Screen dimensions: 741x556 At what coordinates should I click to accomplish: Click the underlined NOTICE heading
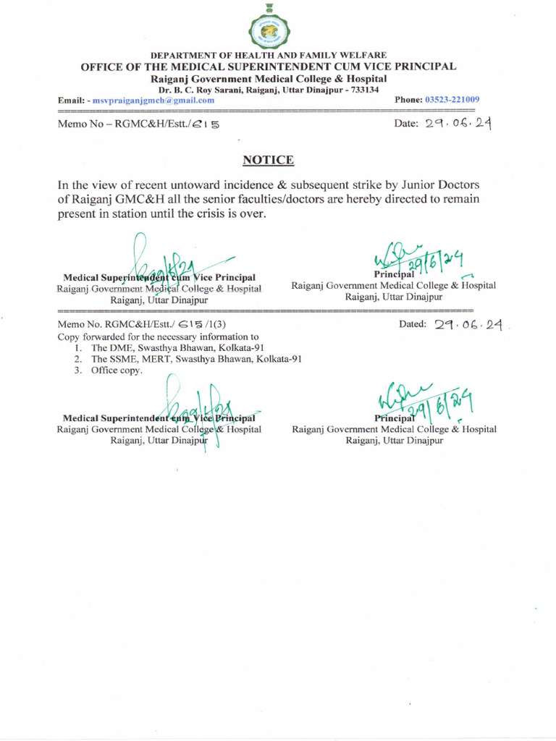point(268,160)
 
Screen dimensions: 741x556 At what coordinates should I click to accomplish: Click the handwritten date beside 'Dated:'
point(468,325)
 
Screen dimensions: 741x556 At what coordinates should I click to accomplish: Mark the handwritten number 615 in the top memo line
point(206,124)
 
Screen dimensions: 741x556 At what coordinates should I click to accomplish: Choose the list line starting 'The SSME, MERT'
point(196,359)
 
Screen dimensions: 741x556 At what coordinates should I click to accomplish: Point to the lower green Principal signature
point(418,400)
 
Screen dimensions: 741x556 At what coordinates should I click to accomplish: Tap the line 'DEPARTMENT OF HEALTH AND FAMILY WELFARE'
point(268,56)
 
